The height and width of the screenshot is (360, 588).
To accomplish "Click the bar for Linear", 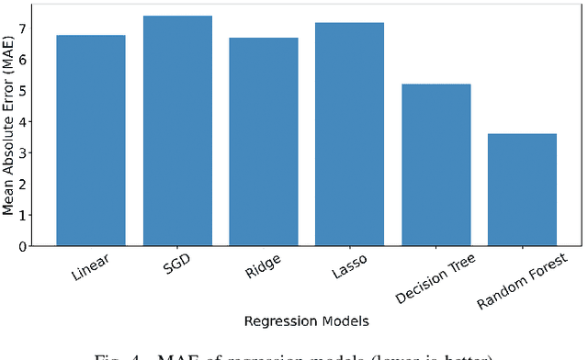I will tap(91, 141).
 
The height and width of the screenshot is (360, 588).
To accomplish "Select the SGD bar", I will tap(177, 130).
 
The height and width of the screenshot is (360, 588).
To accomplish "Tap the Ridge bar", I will tap(264, 141).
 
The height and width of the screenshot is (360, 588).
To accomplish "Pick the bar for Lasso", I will tap(349, 134).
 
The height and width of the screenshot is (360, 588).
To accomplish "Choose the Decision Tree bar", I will tap(435, 165).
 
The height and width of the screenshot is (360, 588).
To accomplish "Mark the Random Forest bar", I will tap(522, 190).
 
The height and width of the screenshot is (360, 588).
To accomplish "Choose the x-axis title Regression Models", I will tap(306, 321).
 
